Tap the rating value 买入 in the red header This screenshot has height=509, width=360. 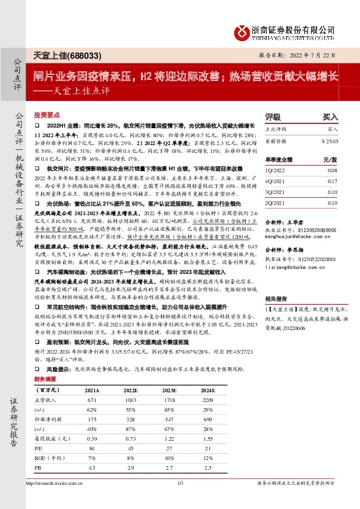tap(330, 117)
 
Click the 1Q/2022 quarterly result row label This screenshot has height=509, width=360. tap(277, 171)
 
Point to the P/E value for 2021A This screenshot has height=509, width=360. tap(93, 448)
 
